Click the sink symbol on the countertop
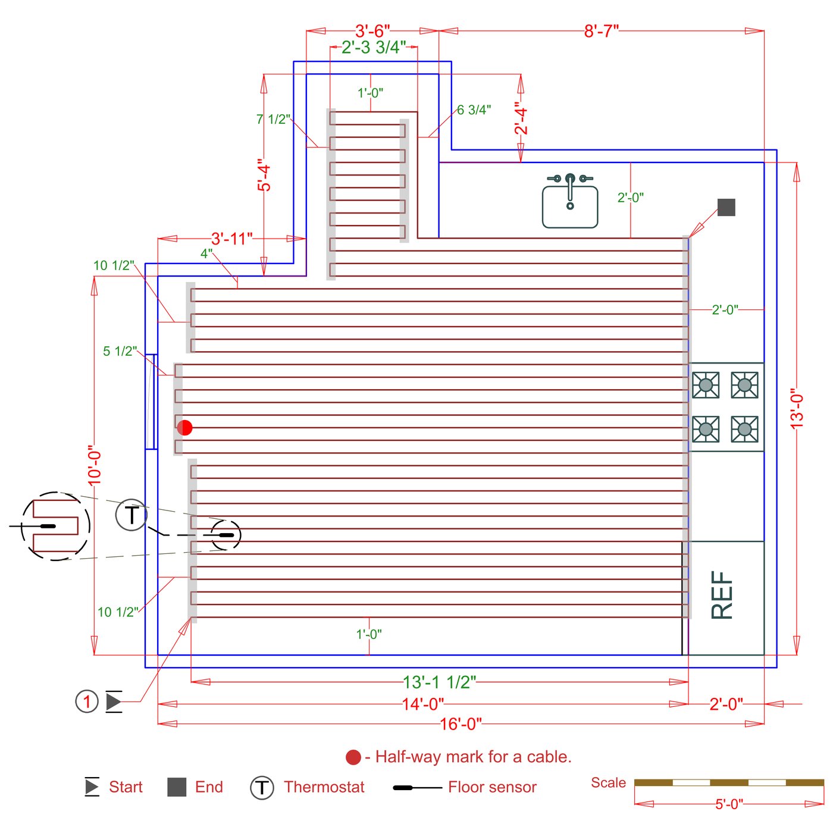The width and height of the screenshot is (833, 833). pos(569,202)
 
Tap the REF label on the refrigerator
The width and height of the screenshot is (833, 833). pos(722,595)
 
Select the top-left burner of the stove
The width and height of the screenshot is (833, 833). pos(706,385)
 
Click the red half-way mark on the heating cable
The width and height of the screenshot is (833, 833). pos(185,428)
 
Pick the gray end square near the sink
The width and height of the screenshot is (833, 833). pos(726,207)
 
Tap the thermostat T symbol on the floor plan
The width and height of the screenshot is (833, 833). pos(131,515)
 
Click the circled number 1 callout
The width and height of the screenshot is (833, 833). pos(87,702)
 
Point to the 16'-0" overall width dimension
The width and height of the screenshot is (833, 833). pos(461,724)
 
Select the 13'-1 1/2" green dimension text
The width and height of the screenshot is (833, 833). pos(439,682)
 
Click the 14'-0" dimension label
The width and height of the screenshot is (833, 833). pos(422,704)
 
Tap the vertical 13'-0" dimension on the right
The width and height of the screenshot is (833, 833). pos(797,409)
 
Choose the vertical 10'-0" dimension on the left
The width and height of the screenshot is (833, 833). pos(95,465)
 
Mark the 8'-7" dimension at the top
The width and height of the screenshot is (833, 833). pos(601,31)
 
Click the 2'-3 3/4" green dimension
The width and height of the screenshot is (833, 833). pos(374,48)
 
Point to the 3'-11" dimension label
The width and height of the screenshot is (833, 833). pos(231,239)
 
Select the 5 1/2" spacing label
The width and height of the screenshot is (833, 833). pos(120,351)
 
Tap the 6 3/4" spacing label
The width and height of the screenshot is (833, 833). pos(474,110)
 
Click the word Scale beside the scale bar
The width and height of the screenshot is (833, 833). pos(608,783)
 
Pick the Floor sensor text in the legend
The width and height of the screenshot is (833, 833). pos(492,787)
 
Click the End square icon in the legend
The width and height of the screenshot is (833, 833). pos(177,787)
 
